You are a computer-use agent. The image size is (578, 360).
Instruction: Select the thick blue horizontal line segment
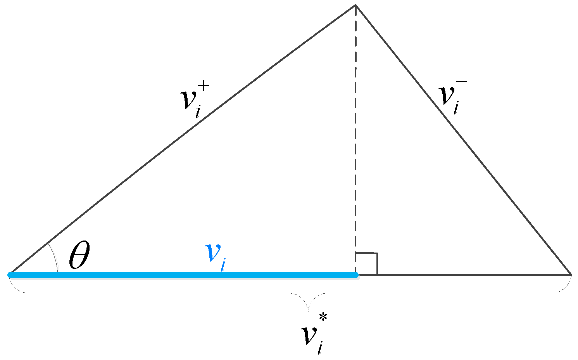182,275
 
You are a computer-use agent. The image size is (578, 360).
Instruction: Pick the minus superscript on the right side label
462,82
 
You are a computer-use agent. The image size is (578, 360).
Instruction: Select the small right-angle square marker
366,264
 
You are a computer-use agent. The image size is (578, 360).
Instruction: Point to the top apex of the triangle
355,5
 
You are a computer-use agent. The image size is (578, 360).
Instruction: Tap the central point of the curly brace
308,309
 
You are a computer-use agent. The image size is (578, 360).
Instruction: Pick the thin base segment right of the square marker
473,275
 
